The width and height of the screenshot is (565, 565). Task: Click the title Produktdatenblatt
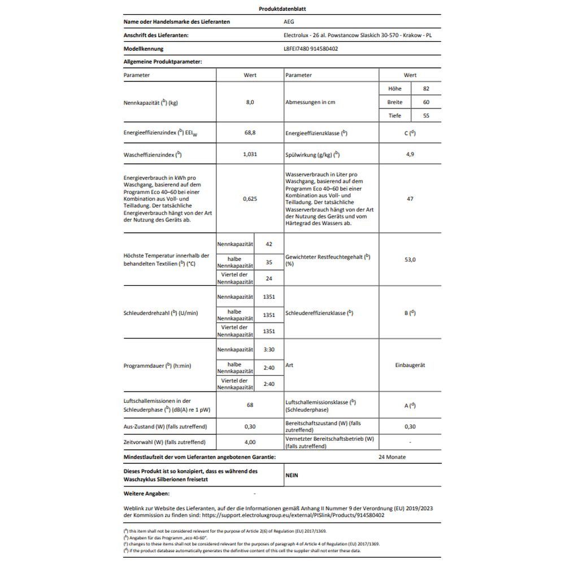(282, 9)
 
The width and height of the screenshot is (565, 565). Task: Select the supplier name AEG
(288, 22)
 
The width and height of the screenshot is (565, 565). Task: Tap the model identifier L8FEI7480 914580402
(311, 49)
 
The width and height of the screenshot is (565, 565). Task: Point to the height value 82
(426, 89)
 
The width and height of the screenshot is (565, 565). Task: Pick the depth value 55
(426, 116)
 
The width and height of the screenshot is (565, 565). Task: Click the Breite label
(395, 102)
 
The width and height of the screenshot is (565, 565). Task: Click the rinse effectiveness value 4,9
(410, 154)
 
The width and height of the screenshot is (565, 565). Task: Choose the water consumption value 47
(410, 199)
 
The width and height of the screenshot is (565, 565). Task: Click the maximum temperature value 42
(269, 244)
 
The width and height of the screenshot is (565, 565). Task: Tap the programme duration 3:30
(269, 350)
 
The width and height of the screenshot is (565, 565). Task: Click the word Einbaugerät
(410, 366)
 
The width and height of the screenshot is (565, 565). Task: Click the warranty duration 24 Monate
(392, 457)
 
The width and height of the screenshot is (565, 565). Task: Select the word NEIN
(292, 476)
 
